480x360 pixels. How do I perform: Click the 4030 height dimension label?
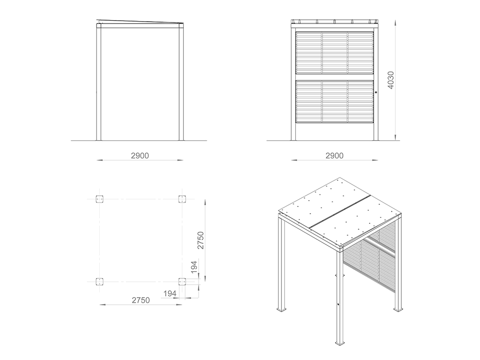[391, 80]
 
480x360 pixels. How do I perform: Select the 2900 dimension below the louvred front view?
[334, 156]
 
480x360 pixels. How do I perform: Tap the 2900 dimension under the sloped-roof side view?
[140, 156]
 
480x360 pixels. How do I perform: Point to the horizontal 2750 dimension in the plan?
[141, 300]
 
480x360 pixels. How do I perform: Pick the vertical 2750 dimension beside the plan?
[200, 240]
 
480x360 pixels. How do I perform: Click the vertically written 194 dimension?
[194, 267]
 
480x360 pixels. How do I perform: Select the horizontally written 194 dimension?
[169, 294]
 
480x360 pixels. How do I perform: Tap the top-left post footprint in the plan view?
[99, 199]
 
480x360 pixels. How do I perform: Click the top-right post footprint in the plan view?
[182, 199]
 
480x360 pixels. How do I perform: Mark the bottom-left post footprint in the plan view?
[99, 282]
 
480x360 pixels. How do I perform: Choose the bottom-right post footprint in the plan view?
[182, 282]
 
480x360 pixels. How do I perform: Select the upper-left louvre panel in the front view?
[309, 53]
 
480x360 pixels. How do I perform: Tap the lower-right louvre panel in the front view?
[360, 101]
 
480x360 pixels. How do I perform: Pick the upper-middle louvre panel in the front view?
[335, 53]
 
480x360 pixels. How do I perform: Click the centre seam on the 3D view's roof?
[340, 211]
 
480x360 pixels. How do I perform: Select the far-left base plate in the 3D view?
[282, 310]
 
